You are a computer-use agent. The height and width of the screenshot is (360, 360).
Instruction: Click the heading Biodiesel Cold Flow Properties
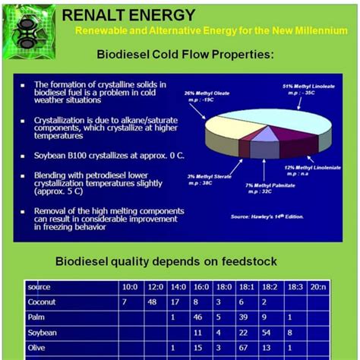185,55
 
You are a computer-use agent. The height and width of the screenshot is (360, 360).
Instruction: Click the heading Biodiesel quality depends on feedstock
165,261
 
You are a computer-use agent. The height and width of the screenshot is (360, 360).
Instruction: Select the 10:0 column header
130,287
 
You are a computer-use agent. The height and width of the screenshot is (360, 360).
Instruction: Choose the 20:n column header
319,287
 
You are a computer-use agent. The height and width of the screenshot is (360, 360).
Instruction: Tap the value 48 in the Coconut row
152,302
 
